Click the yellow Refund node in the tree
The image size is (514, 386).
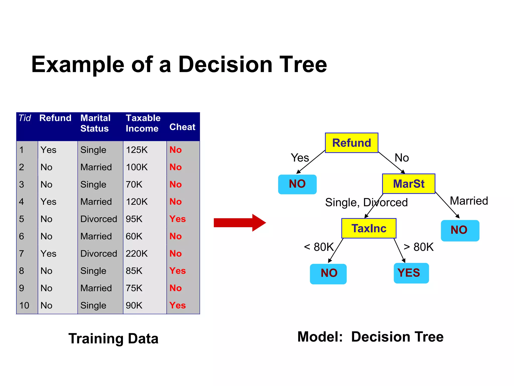(x=351, y=143)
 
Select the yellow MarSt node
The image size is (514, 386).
(x=408, y=184)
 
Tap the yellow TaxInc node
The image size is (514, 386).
(x=369, y=228)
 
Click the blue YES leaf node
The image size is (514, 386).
(x=411, y=273)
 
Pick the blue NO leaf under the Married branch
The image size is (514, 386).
(x=460, y=230)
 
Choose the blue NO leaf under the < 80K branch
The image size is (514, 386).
(x=328, y=274)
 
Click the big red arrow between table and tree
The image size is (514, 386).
(x=240, y=223)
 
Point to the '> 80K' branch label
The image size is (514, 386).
(x=418, y=247)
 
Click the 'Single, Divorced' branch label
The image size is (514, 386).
(x=366, y=202)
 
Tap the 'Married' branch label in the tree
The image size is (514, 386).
(x=469, y=201)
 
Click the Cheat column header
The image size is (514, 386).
(x=182, y=127)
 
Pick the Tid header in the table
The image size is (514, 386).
(x=25, y=118)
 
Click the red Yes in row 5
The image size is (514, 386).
(x=177, y=219)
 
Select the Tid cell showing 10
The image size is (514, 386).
(x=24, y=305)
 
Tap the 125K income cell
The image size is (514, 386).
(x=137, y=150)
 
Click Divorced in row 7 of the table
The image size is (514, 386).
(x=99, y=254)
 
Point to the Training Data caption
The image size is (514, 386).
(x=113, y=339)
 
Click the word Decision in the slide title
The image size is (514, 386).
(x=225, y=65)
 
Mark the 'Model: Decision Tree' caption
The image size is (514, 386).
(x=370, y=337)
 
